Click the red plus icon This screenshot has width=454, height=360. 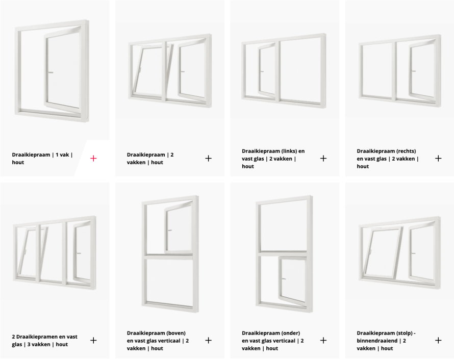[x=93, y=158]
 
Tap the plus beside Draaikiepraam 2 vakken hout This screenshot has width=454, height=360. [x=208, y=158]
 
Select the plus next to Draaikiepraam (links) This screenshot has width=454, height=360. [x=323, y=158]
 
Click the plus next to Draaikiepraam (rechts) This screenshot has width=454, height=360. [x=438, y=158]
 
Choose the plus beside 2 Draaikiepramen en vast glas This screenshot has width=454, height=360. [x=93, y=340]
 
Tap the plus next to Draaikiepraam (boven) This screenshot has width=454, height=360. [x=208, y=340]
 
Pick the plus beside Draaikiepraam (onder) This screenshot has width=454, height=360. [x=323, y=340]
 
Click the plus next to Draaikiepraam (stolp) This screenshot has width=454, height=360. [x=438, y=340]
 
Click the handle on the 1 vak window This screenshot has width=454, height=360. [x=51, y=72]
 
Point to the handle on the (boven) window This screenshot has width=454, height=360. [x=170, y=230]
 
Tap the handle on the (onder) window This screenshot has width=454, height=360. [x=284, y=279]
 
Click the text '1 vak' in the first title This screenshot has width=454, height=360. [x=62, y=155]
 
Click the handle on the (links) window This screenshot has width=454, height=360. [x=262, y=71]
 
